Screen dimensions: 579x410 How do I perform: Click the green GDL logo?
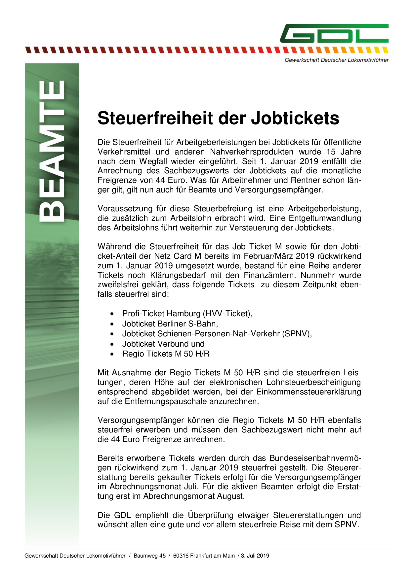click(x=334, y=33)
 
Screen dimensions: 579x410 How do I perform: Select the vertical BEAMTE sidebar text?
click(x=52, y=151)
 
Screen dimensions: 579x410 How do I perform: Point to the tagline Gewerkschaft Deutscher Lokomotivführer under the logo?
click(x=337, y=60)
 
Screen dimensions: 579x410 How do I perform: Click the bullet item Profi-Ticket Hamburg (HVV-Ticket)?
click(x=187, y=314)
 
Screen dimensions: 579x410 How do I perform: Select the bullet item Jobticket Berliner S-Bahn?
click(x=170, y=324)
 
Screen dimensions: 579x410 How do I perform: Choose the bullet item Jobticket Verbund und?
click(x=163, y=344)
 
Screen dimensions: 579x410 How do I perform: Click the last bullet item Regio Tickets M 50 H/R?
click(x=166, y=354)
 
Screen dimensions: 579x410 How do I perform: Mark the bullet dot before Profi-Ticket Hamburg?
click(x=113, y=314)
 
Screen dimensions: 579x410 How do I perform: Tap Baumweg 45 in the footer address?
click(x=149, y=556)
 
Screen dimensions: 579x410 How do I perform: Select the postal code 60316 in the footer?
click(x=181, y=556)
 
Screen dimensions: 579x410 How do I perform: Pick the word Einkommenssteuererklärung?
click(x=308, y=392)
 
